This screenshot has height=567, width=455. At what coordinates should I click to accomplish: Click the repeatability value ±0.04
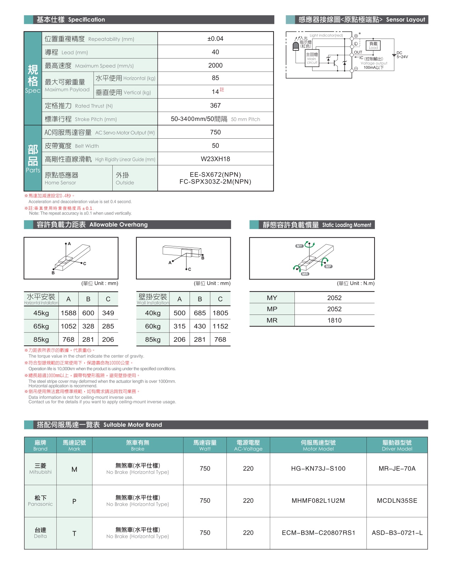click(x=215, y=39)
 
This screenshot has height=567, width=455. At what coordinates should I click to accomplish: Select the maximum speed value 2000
click(x=215, y=65)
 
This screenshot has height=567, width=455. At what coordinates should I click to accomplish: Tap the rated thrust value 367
click(x=215, y=105)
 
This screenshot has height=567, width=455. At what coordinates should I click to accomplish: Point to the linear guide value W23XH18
click(x=215, y=159)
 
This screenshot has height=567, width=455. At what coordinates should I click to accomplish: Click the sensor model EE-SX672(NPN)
click(x=215, y=174)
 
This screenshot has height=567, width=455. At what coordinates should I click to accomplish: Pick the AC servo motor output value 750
click(x=215, y=132)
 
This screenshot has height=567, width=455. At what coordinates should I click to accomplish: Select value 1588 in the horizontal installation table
click(x=68, y=313)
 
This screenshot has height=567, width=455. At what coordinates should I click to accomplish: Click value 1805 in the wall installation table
click(x=220, y=313)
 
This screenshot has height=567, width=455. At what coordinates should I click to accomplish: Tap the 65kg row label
click(x=41, y=326)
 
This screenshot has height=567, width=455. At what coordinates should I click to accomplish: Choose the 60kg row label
click(x=153, y=326)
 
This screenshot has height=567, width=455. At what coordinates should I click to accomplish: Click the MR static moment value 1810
click(x=334, y=321)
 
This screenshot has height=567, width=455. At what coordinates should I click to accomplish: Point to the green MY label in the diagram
click(x=299, y=246)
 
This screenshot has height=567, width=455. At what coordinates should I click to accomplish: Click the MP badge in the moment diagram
click(x=328, y=266)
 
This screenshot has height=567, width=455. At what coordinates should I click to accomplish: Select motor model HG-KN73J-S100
click(x=318, y=468)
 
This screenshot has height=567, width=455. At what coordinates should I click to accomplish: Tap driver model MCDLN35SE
click(x=397, y=501)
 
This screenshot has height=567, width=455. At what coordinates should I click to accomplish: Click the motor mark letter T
click(x=74, y=533)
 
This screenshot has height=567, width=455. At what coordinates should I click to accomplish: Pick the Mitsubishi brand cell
click(x=40, y=468)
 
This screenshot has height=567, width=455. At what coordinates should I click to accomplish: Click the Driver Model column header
click(x=397, y=445)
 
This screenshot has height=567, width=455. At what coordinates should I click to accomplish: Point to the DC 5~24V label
click(x=402, y=55)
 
